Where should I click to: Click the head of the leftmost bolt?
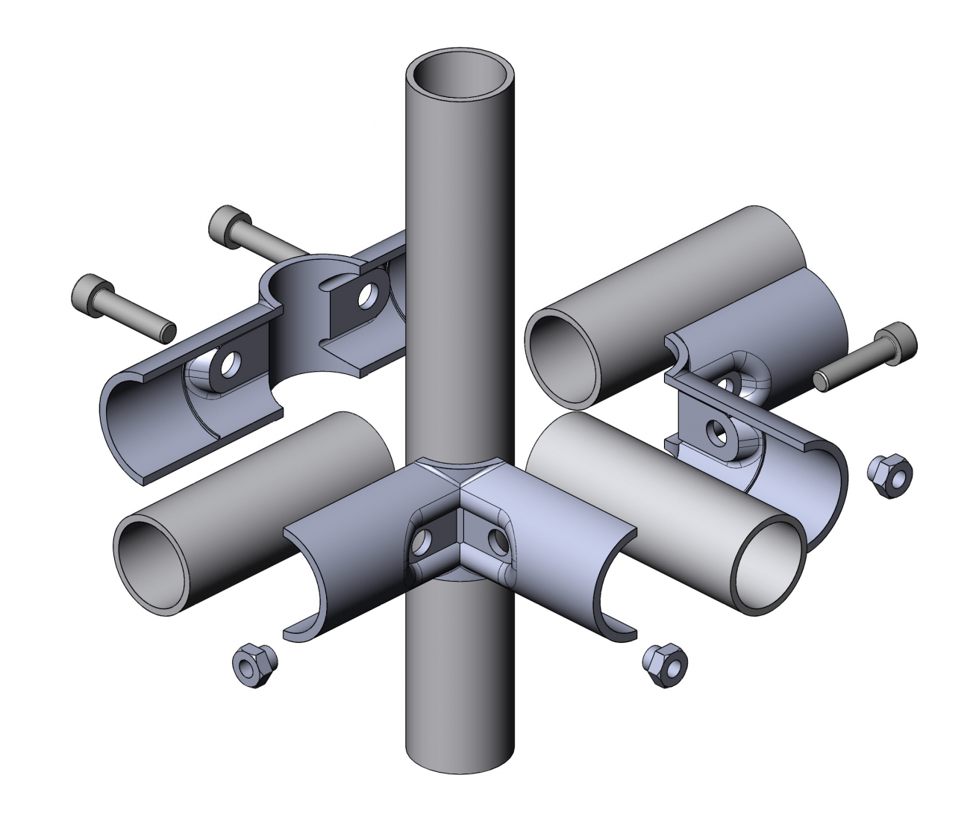pyautogui.click(x=93, y=294)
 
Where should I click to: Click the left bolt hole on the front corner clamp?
pyautogui.click(x=423, y=538)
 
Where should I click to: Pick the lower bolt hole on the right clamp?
pyautogui.click(x=718, y=432)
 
